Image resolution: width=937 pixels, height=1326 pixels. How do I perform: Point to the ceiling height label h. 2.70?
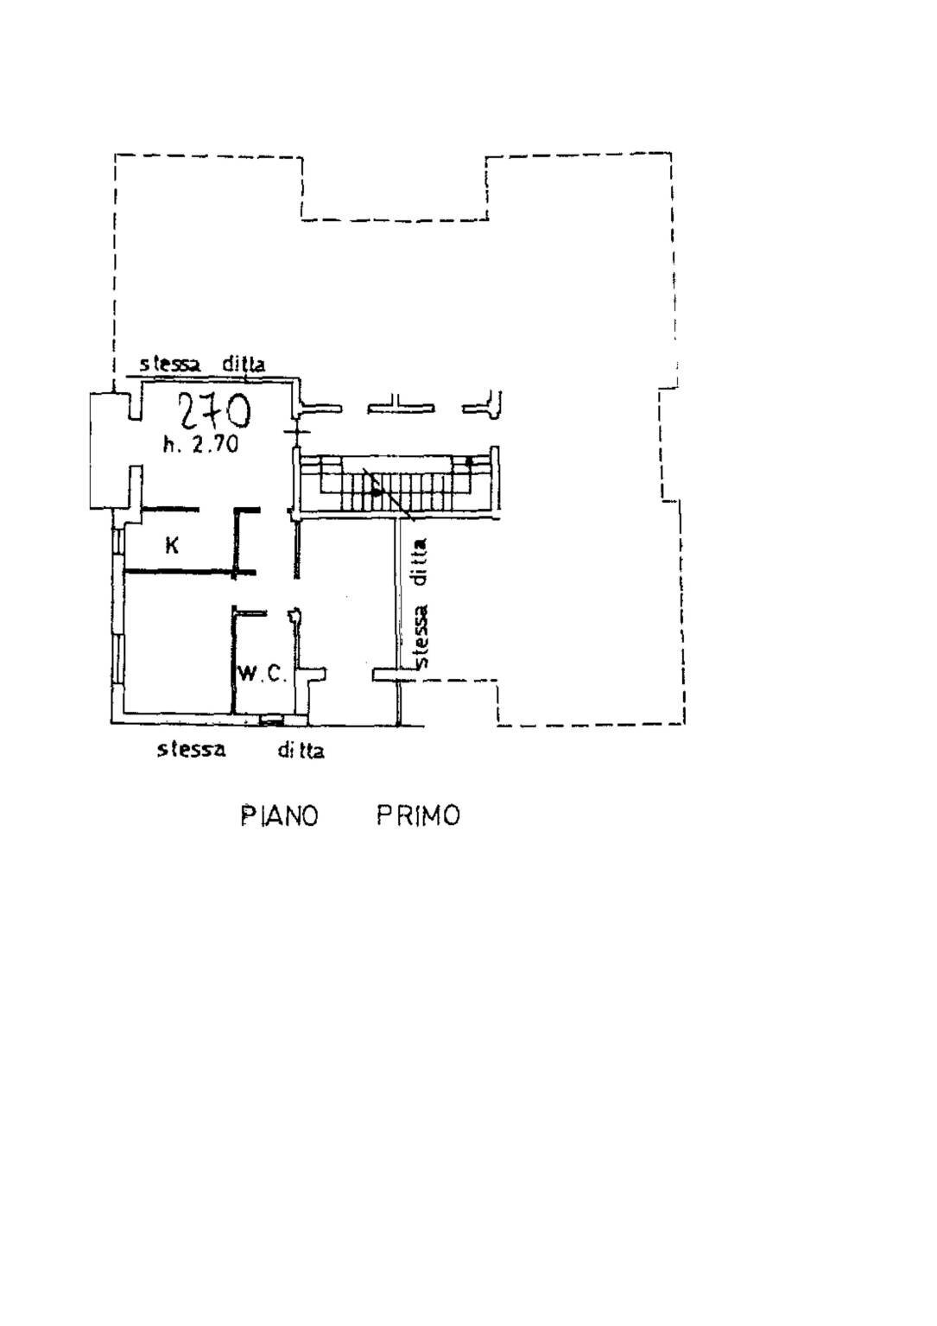(x=200, y=444)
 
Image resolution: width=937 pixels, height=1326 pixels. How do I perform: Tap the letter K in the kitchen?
(x=172, y=545)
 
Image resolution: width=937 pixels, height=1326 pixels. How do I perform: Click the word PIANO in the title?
(x=280, y=815)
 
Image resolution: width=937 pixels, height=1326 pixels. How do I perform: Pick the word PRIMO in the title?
(x=419, y=815)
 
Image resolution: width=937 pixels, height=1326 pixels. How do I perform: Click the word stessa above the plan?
(x=170, y=364)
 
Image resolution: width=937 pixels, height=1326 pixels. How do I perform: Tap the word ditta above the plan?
(x=244, y=364)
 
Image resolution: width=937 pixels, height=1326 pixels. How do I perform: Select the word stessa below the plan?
(x=191, y=750)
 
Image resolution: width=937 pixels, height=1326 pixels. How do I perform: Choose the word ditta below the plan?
(x=301, y=751)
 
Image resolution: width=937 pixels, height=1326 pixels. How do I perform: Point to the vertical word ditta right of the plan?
(x=421, y=561)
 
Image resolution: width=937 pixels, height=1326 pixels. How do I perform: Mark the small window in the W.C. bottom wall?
(x=272, y=719)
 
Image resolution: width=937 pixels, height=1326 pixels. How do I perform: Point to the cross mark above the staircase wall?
(x=296, y=431)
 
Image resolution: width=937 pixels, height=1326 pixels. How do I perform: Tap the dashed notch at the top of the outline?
(x=394, y=189)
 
